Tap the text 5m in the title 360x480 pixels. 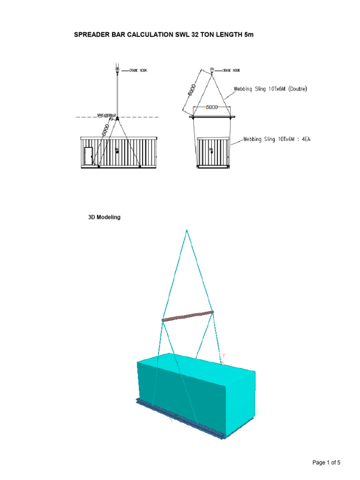click(x=248, y=35)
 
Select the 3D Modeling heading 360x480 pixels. click(x=105, y=217)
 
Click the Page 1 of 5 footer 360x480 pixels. click(x=326, y=463)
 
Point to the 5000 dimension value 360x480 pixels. click(x=212, y=107)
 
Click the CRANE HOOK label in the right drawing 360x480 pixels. click(x=232, y=70)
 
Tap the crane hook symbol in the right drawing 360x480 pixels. click(x=212, y=70)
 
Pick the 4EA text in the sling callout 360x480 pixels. click(x=301, y=139)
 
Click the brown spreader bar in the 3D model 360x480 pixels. click(x=188, y=316)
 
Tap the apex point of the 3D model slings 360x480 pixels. click(x=187, y=230)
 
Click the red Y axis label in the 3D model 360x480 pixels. click(x=224, y=355)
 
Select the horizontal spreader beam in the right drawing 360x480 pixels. click(x=212, y=117)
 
